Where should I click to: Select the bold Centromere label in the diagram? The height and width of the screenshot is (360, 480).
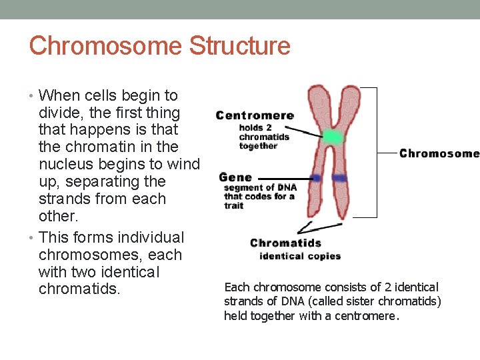[255, 115]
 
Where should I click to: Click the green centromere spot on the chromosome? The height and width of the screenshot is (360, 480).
[332, 138]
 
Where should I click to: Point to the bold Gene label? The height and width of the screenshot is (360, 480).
[235, 177]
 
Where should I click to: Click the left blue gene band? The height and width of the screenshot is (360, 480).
[315, 178]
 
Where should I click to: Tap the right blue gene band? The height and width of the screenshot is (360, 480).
[340, 178]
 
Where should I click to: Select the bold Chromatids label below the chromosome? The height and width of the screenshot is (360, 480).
[285, 243]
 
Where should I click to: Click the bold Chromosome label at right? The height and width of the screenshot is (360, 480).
[439, 153]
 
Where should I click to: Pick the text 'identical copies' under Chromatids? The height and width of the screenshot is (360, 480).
[300, 256]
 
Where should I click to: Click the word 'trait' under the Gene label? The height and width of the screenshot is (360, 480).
[234, 205]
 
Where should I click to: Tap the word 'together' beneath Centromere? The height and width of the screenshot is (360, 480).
[258, 146]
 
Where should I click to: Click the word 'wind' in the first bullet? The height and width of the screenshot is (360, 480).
[183, 164]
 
